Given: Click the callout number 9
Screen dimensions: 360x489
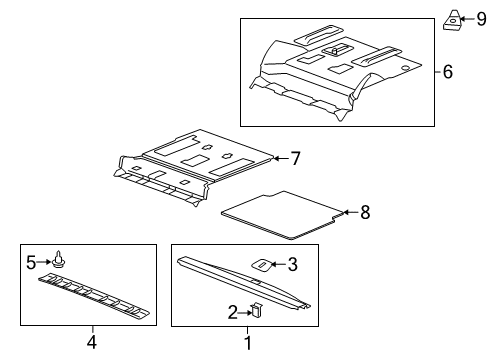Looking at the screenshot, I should (480, 18).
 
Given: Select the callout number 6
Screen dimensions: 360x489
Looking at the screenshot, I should (449, 71).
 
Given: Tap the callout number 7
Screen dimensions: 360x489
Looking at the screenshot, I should (295, 158).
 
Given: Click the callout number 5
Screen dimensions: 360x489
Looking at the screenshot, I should (31, 263).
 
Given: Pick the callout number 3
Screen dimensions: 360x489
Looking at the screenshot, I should (292, 265).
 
